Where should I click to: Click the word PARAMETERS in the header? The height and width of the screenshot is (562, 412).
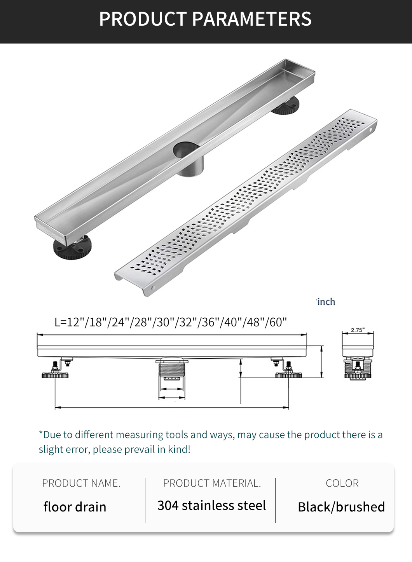(x=251, y=19)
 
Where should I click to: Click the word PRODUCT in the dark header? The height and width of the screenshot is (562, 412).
(x=143, y=19)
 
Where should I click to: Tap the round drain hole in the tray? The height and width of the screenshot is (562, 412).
(x=186, y=149)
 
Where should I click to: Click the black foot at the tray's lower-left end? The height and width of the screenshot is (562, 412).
(x=72, y=247)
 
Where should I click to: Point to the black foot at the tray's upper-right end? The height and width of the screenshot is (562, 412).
(x=286, y=106)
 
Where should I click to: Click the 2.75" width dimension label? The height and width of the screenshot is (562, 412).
(x=358, y=330)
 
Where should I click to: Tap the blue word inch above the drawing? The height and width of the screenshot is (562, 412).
(x=326, y=302)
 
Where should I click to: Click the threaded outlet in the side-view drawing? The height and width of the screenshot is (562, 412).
(x=172, y=372)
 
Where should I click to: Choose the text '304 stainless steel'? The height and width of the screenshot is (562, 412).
(x=211, y=505)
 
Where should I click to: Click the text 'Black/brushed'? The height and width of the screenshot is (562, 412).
(x=341, y=507)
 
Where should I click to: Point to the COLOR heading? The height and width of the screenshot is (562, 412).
(x=342, y=483)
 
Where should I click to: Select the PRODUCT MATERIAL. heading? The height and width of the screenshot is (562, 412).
(x=212, y=483)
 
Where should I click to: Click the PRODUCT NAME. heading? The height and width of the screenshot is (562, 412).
(x=81, y=483)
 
